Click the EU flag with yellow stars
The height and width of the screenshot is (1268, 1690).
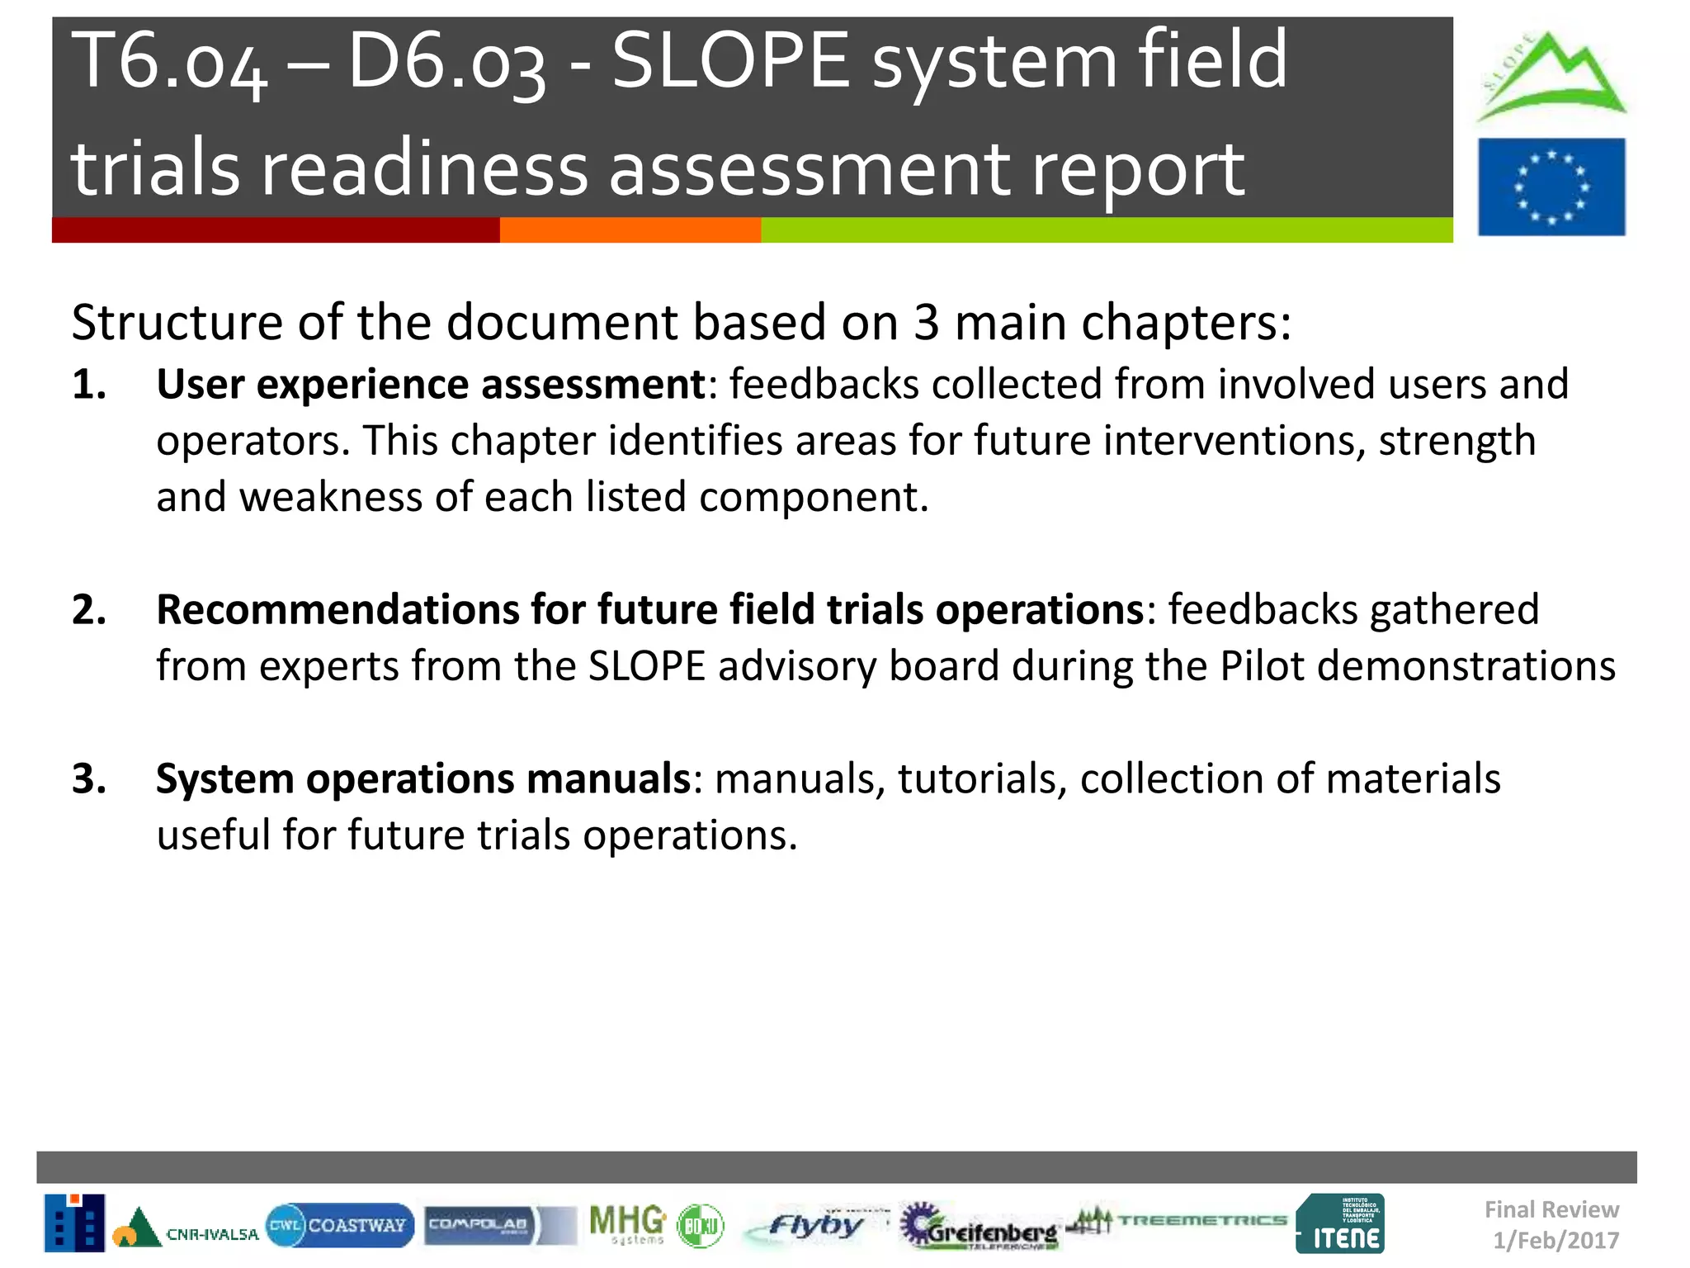(1551, 187)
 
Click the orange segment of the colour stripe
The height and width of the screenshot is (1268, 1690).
(630, 230)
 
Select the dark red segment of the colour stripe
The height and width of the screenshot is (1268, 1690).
(275, 230)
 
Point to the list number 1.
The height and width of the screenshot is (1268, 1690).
(88, 385)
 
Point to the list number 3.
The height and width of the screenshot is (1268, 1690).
(88, 779)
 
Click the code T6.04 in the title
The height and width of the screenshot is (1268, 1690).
(169, 62)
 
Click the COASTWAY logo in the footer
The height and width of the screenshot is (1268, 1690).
(340, 1225)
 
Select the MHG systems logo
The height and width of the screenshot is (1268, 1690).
(627, 1224)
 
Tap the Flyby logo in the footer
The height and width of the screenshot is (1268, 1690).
(813, 1225)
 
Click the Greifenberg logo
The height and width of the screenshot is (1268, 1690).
(980, 1228)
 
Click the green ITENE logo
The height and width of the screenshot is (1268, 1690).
(1341, 1224)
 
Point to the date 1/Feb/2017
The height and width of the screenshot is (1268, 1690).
(1555, 1240)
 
